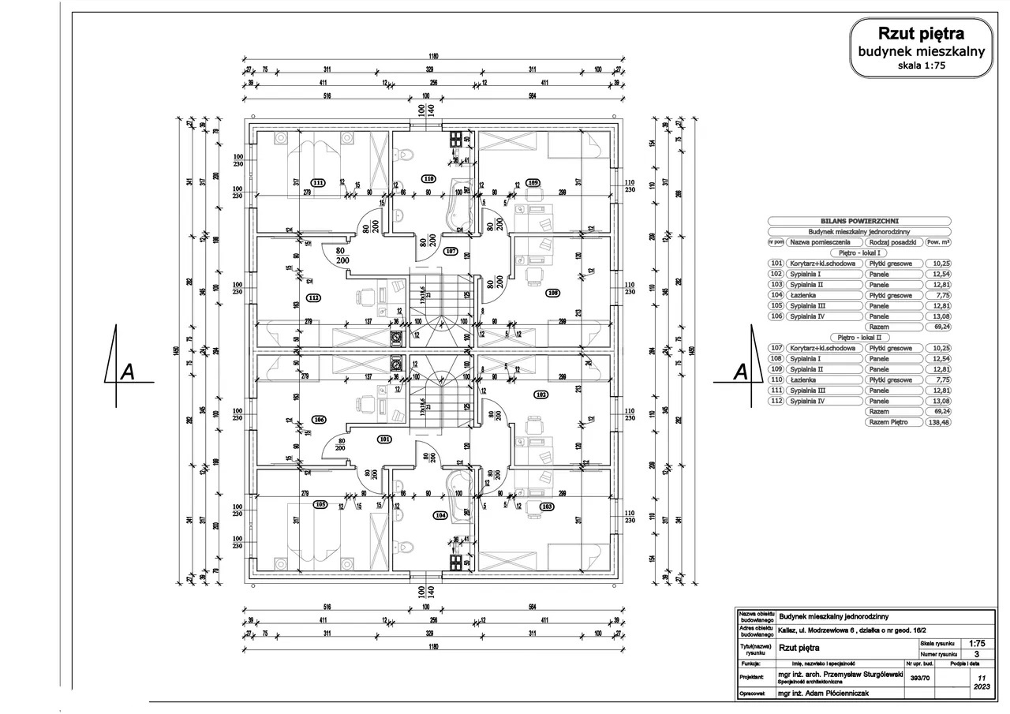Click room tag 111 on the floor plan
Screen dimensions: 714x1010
click(x=318, y=182)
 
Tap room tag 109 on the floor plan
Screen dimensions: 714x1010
click(x=533, y=182)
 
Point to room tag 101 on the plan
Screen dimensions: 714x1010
click(x=384, y=439)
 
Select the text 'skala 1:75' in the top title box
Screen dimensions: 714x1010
click(x=921, y=65)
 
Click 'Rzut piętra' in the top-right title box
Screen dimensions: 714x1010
click(x=921, y=33)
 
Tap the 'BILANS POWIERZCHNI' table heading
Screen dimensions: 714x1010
click(x=859, y=222)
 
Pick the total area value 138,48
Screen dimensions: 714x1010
click(x=937, y=422)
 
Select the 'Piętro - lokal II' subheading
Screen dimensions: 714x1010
click(x=859, y=337)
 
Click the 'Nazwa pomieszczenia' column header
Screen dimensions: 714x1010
click(x=821, y=242)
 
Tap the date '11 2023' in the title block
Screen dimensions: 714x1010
click(x=981, y=682)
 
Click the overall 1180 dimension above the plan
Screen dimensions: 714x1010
click(x=433, y=56)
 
